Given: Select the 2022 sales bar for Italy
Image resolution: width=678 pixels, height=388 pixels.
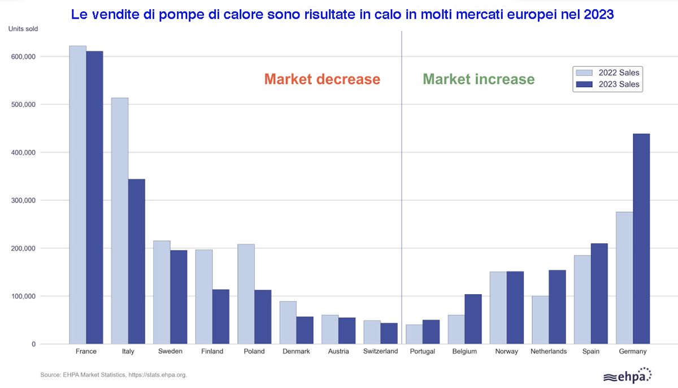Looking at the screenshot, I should point(120,221).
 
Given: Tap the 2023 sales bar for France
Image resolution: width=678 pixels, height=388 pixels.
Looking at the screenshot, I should point(94,197).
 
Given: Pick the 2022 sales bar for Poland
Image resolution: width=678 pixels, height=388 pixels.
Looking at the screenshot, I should point(246,294).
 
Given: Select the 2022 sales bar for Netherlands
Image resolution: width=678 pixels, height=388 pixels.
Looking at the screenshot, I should point(540,320).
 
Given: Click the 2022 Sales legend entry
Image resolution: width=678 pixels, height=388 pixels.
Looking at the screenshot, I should point(607,72).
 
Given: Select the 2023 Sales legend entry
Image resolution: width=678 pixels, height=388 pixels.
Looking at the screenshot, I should point(607,84).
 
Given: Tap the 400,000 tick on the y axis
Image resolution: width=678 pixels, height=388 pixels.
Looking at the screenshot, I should point(23,153).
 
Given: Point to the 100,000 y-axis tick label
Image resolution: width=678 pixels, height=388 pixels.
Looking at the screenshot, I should point(23,296).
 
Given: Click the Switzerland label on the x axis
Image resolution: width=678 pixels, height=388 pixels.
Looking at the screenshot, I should point(380,351).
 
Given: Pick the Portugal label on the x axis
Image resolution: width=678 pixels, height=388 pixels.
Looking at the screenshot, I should point(423,351).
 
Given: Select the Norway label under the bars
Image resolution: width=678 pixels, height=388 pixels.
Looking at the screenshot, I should point(506,351).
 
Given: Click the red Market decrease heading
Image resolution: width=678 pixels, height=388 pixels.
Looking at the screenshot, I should point(322,79).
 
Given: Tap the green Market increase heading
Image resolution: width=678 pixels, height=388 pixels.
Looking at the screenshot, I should point(479,79).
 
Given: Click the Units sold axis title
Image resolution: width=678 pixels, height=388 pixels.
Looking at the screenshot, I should point(23,29).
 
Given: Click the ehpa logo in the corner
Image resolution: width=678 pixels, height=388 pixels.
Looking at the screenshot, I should point(627,376).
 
